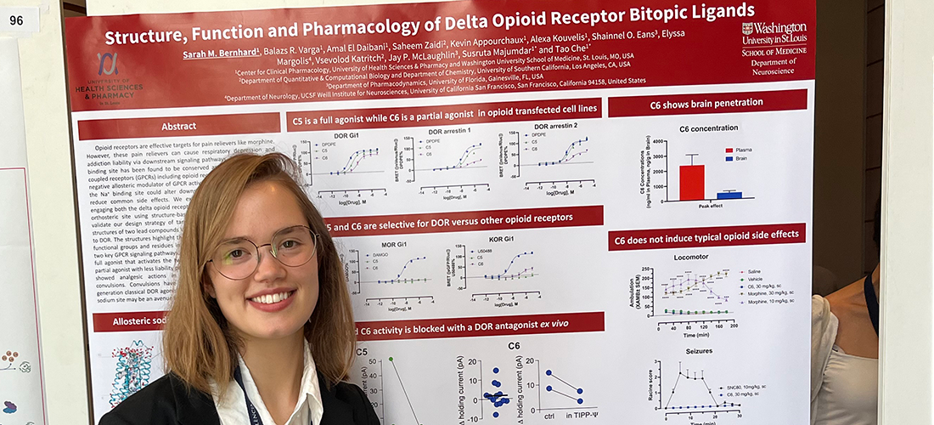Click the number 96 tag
point(16,20)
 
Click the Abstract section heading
point(178,127)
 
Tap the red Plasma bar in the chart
point(691,182)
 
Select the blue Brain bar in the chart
point(729,195)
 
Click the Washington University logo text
point(774,33)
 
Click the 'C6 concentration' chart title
point(707,129)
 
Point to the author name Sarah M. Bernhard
point(222,55)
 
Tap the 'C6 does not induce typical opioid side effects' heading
point(706,236)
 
